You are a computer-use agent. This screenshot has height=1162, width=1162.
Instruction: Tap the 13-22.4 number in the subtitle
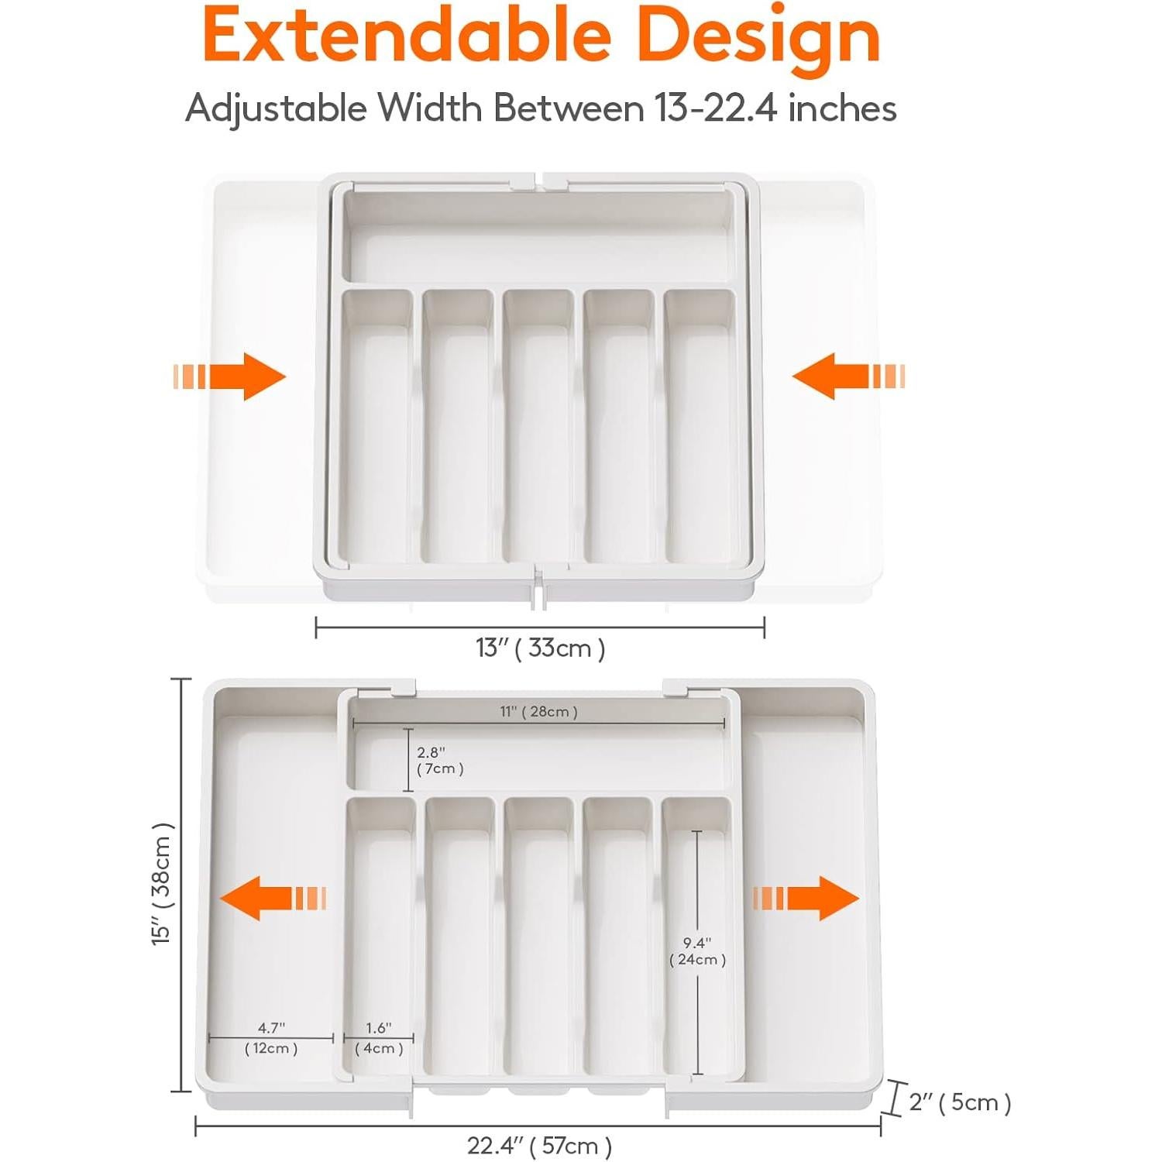[x=715, y=108]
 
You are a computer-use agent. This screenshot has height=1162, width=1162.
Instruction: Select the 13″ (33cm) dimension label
[x=540, y=648]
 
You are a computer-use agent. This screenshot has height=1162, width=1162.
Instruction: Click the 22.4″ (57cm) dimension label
[x=539, y=1145]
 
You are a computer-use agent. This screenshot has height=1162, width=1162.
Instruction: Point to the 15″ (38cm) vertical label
[x=163, y=884]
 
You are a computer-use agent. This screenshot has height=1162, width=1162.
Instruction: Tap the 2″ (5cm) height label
[x=960, y=1102]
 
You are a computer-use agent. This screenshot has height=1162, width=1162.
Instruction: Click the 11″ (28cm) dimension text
[x=538, y=711]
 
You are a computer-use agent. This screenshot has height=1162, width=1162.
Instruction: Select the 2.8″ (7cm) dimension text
[x=439, y=761]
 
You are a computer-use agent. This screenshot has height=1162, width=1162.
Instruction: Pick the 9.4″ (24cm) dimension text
[x=697, y=951]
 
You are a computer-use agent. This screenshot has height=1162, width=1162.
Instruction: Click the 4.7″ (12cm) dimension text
[x=271, y=1038]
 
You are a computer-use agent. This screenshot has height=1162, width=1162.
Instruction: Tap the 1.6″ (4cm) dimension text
[x=379, y=1038]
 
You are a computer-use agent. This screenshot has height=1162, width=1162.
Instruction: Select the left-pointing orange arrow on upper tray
[x=847, y=376]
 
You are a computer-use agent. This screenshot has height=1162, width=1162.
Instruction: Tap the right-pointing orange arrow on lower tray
[x=806, y=899]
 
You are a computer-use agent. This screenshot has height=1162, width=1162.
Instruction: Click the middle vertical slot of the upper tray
[x=538, y=434]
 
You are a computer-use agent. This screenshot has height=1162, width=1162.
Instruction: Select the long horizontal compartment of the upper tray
[x=538, y=240]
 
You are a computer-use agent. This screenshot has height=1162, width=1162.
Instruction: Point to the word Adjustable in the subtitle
[x=276, y=108]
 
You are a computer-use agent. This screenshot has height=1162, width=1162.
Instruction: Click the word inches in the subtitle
[x=842, y=108]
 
